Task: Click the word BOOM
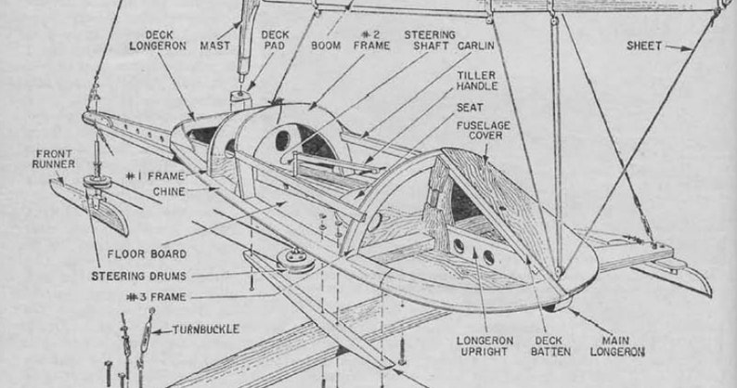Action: [325, 45]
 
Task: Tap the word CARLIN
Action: [476, 45]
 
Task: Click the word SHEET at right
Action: [643, 45]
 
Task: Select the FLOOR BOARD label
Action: [146, 252]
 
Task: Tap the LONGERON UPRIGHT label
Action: [484, 346]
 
